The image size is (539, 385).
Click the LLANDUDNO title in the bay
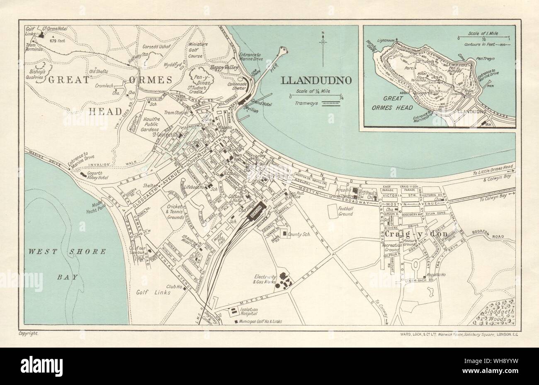coord(318,80)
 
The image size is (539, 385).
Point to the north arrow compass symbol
coord(322,48)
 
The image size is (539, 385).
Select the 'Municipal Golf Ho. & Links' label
coord(262,322)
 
